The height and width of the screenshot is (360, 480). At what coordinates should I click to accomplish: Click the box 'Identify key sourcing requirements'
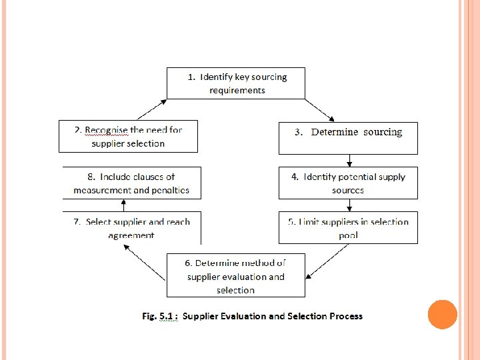[235, 83]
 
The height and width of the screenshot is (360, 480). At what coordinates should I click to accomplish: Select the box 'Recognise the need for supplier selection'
[129, 136]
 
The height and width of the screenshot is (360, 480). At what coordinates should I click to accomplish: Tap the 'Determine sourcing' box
[348, 138]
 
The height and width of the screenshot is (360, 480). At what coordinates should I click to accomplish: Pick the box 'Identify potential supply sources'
[348, 183]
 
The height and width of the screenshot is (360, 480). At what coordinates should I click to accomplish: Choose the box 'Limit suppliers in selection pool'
[348, 227]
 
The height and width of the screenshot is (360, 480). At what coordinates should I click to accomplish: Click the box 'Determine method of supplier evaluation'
[235, 275]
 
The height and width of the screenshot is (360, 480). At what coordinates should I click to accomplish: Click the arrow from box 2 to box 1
[151, 109]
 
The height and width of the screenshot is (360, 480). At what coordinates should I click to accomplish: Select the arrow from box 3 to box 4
[349, 161]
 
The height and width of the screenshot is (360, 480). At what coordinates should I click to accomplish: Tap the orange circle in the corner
[442, 315]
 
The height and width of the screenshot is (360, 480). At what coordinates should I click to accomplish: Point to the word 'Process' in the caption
[345, 316]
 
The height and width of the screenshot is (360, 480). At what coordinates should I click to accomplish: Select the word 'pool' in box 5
[348, 235]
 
